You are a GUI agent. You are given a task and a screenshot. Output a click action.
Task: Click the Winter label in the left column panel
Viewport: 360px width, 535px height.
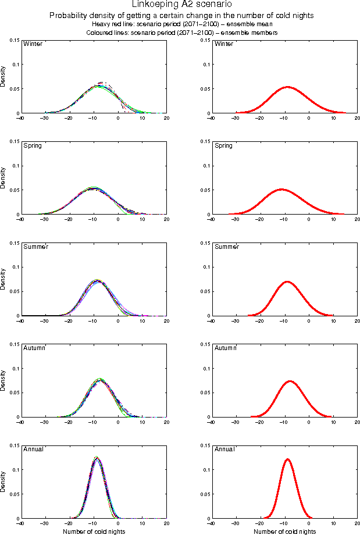[32, 44]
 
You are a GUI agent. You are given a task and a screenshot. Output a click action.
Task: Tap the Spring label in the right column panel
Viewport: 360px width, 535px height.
[223, 145]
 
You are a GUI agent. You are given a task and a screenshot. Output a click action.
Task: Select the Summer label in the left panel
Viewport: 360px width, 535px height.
[35, 247]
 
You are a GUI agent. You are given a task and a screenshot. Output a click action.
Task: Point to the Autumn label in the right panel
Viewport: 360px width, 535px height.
[226, 348]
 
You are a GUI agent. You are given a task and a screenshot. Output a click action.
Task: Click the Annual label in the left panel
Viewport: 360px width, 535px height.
[33, 450]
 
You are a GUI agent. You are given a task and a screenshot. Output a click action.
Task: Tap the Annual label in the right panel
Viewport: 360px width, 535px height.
[224, 450]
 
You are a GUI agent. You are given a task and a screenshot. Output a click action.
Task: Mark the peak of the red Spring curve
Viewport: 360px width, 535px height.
[281, 189]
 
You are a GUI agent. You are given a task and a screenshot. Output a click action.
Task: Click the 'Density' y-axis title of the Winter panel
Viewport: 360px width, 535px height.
[4, 77]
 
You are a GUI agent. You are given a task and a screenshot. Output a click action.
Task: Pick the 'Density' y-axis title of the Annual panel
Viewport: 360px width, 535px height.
[4, 481]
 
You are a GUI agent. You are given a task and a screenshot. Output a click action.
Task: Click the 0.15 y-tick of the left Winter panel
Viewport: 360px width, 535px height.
[14, 40]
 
